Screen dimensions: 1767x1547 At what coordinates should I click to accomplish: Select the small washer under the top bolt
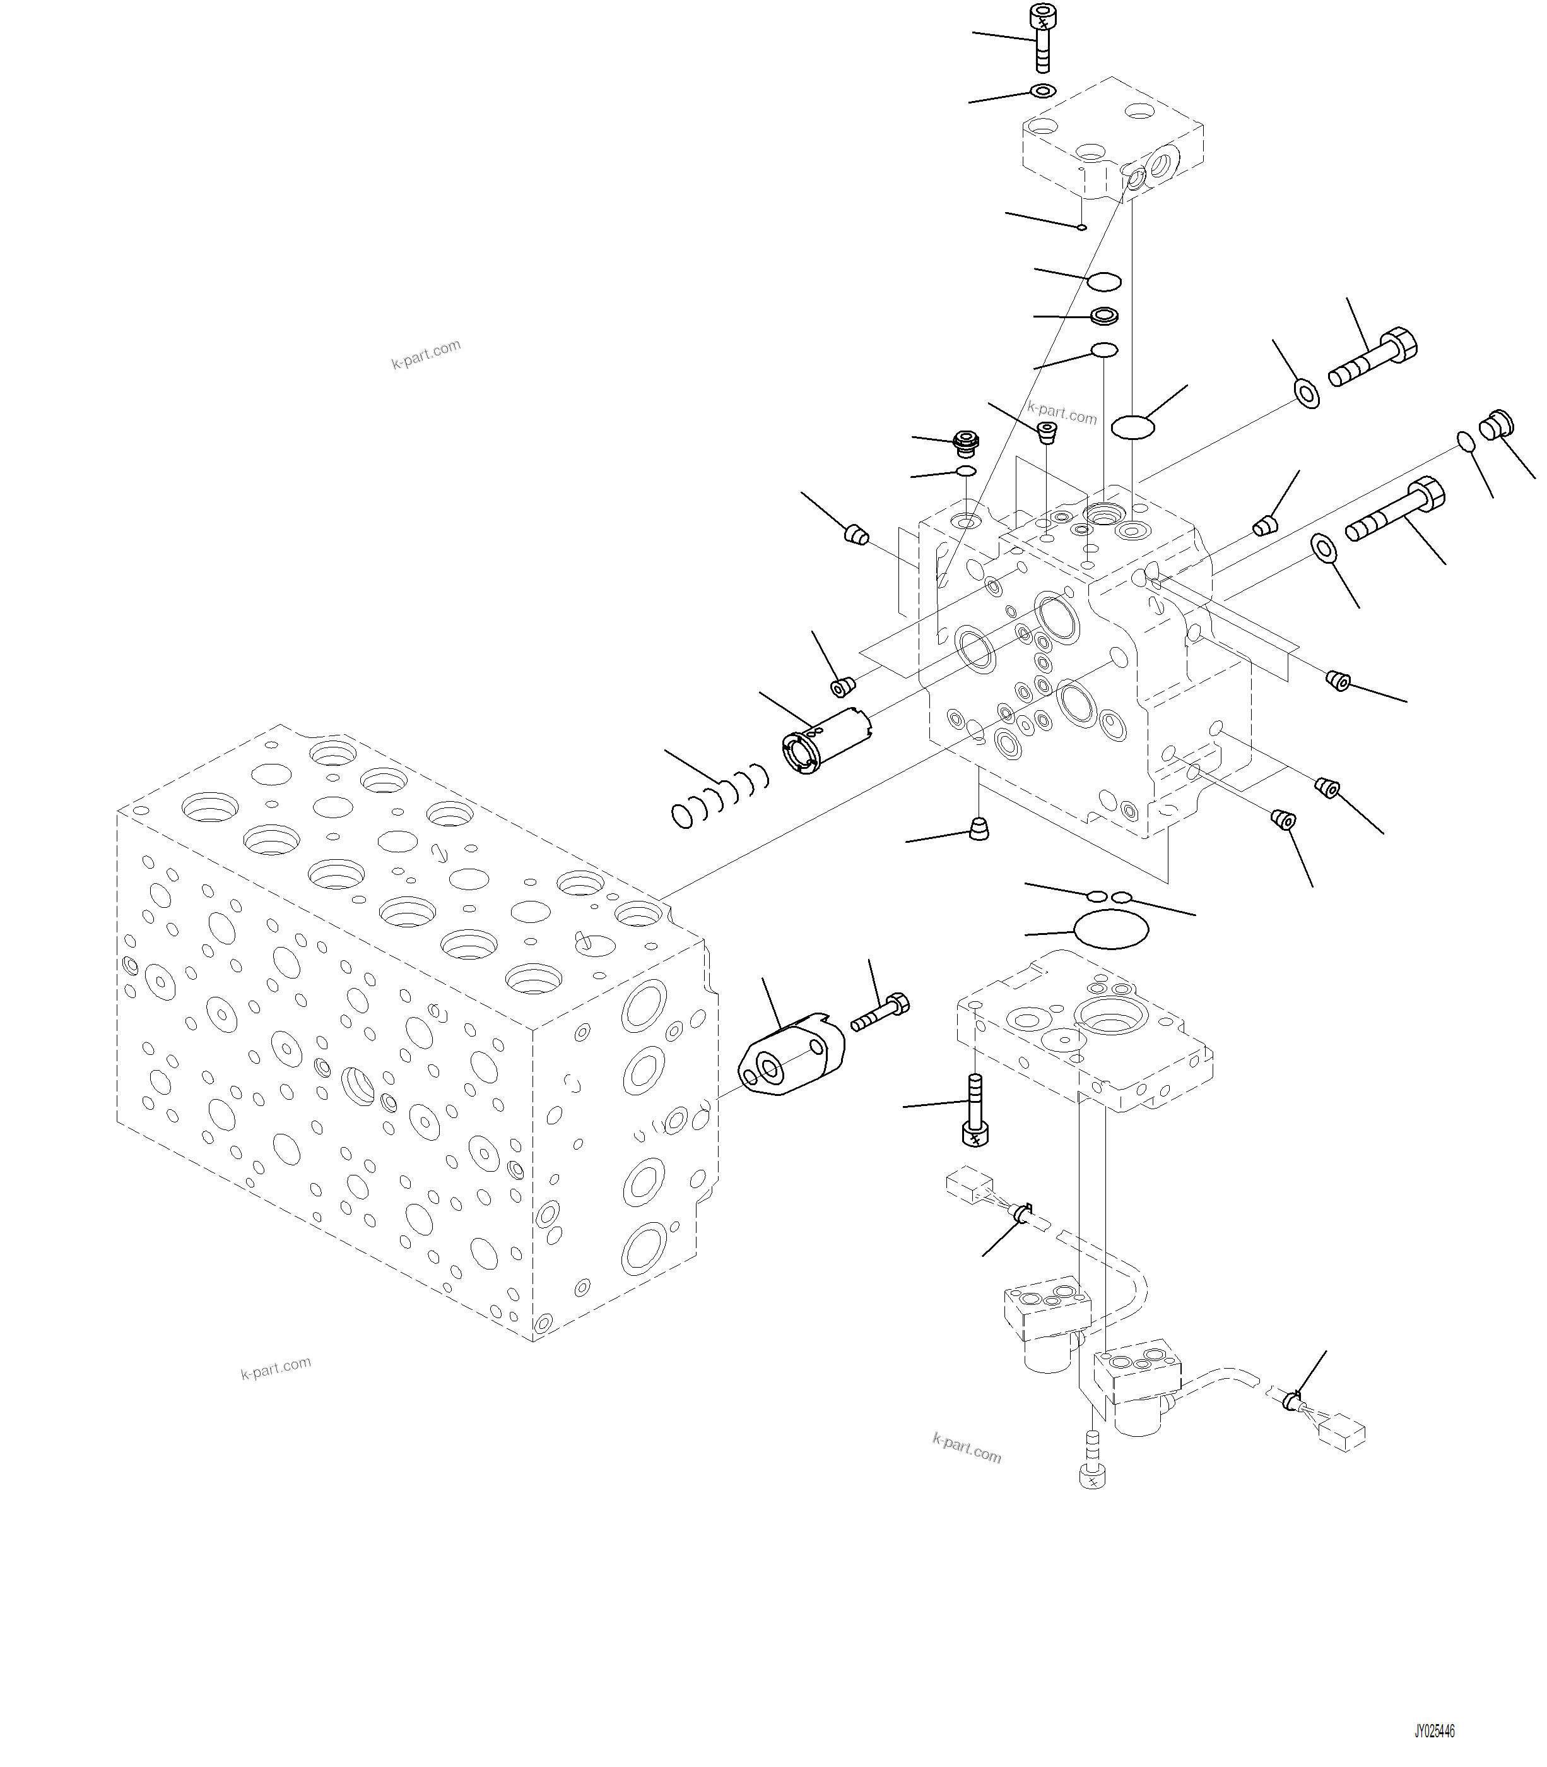1043,91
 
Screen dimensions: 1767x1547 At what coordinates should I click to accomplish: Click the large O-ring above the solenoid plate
1110,929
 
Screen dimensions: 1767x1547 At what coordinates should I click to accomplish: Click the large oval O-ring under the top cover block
1132,425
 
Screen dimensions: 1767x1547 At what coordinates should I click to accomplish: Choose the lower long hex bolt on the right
1395,509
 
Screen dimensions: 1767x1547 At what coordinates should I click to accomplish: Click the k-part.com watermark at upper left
426,354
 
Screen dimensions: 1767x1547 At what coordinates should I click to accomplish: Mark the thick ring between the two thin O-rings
1104,316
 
